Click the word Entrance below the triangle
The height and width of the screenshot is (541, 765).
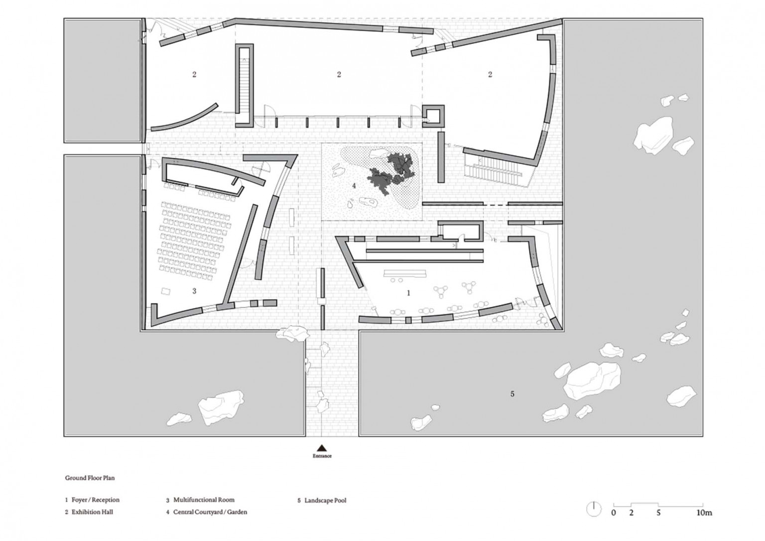tap(322, 456)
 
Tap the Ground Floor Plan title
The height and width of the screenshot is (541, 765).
tap(90, 478)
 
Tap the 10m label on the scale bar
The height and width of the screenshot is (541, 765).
tap(704, 522)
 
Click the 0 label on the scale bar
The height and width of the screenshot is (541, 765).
tap(614, 522)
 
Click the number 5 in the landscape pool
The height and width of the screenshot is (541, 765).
tap(512, 394)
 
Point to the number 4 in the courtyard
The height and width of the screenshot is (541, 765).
tap(354, 186)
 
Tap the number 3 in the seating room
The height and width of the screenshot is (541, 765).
tap(194, 291)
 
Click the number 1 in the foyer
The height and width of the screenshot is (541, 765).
tap(408, 293)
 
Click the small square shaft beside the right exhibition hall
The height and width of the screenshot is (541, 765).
tap(433, 116)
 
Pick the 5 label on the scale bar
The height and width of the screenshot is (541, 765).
tap(658, 522)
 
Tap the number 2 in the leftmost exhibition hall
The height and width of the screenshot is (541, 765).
tap(194, 74)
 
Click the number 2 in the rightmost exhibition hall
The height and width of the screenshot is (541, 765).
tap(490, 74)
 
